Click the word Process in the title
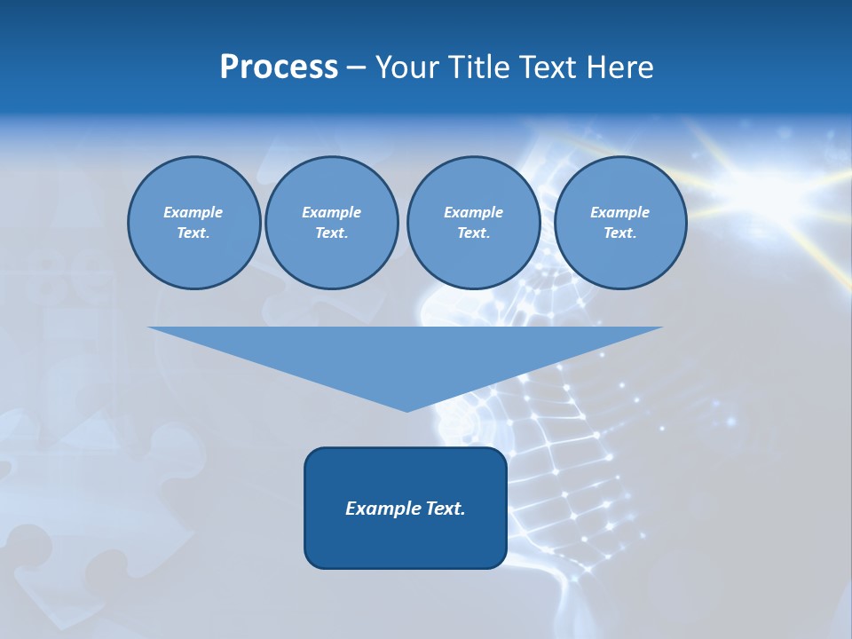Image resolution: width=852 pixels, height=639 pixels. pos(279,67)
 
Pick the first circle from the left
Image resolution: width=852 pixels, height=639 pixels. pos(193,223)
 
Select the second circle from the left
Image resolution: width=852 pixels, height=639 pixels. pos(331,223)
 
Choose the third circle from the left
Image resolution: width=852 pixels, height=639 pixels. pos(473,223)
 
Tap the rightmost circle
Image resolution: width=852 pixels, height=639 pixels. pos(619,223)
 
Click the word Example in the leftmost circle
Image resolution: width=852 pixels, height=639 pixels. pos(193,212)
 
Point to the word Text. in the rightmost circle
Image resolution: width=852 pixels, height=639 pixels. pos(619,233)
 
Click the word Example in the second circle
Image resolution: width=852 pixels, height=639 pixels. pos(331,212)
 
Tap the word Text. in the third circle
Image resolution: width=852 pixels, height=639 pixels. pos(473,233)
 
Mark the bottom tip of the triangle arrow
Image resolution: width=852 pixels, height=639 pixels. pos(406,410)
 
